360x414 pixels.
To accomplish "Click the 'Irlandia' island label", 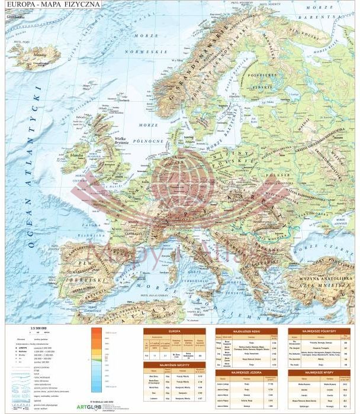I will point(77,155).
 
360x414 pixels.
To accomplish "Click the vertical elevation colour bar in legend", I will point(97,355).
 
